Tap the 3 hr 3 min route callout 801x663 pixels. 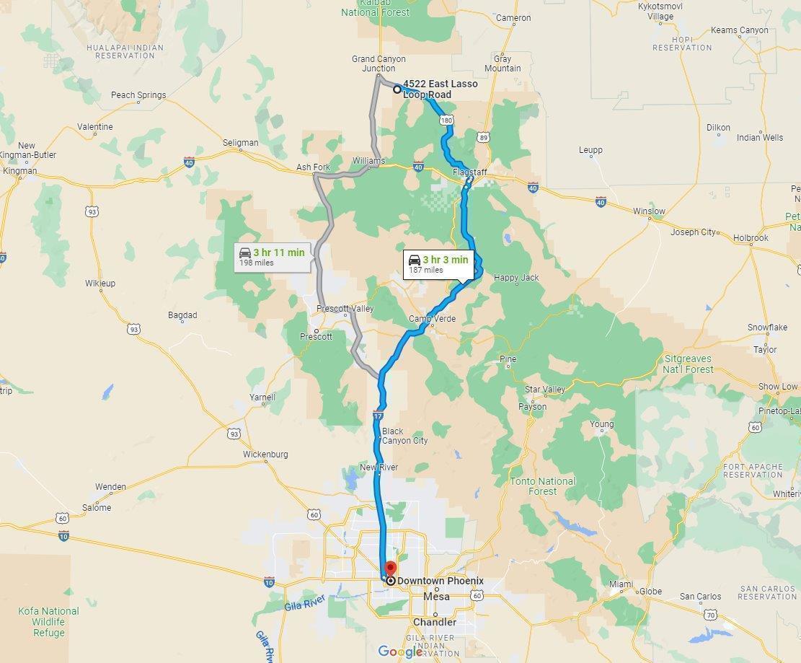click(x=438, y=264)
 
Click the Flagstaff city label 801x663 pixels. click(x=470, y=172)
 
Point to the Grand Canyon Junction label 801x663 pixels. click(x=379, y=63)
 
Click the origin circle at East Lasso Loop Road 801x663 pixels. click(x=397, y=89)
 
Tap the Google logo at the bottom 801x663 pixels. click(x=400, y=651)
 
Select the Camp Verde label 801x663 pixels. click(x=433, y=319)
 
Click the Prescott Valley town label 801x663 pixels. click(x=345, y=309)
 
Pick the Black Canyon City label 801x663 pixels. click(x=404, y=436)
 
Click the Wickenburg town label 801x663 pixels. click(x=265, y=454)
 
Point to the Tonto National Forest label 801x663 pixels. click(x=543, y=486)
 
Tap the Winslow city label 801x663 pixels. click(x=649, y=211)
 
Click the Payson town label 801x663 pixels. click(x=533, y=406)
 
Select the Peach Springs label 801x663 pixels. click(x=138, y=95)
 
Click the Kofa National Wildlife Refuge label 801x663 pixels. click(x=48, y=621)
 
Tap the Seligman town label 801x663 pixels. click(x=240, y=143)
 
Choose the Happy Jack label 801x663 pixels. click(x=516, y=277)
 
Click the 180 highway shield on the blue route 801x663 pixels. click(x=447, y=120)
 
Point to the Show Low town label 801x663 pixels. click(x=778, y=386)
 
